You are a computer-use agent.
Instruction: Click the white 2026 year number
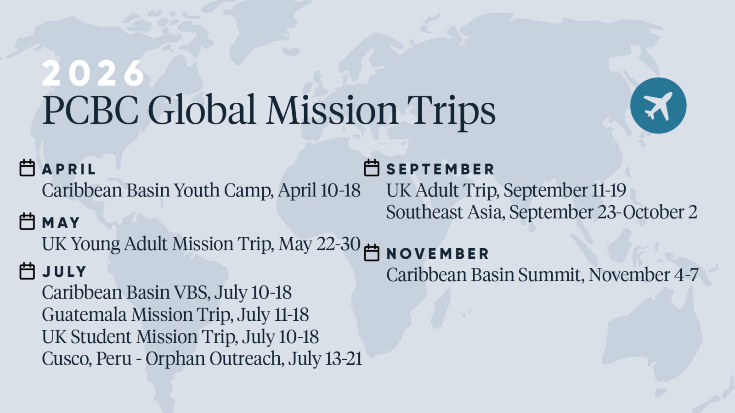coord(93,73)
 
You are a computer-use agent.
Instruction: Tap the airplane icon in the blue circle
coord(658,106)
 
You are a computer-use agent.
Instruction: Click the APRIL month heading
coord(69,169)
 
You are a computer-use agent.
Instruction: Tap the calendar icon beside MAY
coord(27,221)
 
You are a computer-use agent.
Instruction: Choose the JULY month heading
coord(64,272)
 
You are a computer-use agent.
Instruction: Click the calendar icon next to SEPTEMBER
coord(372,168)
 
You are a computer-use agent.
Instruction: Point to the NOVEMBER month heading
coord(438,254)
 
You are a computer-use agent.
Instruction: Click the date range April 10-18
coord(319,190)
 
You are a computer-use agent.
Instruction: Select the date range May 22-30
coord(320,244)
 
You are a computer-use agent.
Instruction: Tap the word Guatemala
coord(85,315)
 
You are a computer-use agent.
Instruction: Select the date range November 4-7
coord(644,275)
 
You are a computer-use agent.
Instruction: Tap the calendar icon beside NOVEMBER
coord(372,252)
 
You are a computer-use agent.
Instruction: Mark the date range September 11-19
coord(565,190)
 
